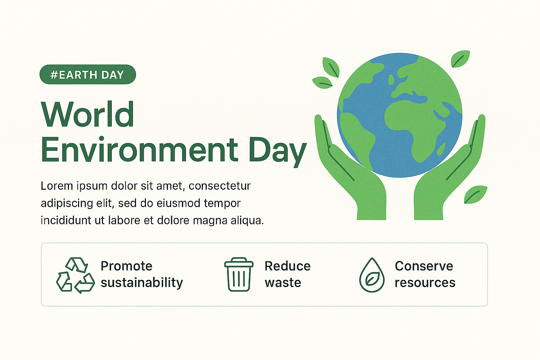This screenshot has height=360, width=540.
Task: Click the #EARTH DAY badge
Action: point(88,74)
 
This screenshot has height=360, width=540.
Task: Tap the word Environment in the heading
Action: point(140,149)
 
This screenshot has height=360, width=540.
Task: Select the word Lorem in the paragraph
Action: point(57,186)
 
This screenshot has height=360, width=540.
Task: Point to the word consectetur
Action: point(220,186)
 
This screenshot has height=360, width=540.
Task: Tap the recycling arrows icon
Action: point(76,275)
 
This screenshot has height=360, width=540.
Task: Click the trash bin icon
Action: point(239,275)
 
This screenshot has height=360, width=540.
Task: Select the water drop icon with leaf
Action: point(372,275)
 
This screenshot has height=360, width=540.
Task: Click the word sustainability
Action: point(142,283)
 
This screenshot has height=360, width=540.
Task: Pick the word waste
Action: point(283,283)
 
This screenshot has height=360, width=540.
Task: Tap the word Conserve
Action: point(424,266)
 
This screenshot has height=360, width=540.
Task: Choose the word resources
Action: point(425,283)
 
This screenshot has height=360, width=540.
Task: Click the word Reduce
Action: point(288,266)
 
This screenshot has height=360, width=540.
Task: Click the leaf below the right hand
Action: point(475,194)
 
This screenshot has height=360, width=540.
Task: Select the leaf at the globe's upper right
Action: point(461,59)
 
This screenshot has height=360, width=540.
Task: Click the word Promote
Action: point(127,266)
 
